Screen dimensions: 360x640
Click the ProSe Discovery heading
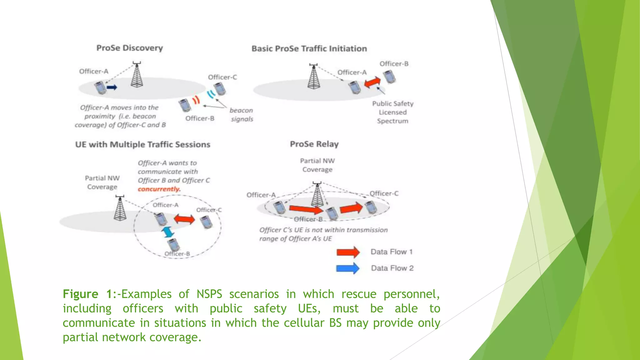[x=129, y=48]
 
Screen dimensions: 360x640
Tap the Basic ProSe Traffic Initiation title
[x=309, y=49]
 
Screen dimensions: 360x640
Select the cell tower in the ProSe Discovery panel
[x=137, y=75]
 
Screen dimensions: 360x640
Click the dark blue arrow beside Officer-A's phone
[x=112, y=87]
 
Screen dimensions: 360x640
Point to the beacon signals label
[x=241, y=115]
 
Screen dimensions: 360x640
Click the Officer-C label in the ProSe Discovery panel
[x=222, y=77]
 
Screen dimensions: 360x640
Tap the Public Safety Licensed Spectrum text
[x=392, y=112]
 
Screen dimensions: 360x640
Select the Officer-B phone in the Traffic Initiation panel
[x=389, y=77]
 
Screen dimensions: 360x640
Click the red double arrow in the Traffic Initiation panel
[x=372, y=83]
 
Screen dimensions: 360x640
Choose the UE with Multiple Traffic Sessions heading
[x=142, y=145]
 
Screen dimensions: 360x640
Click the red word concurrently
[x=159, y=189]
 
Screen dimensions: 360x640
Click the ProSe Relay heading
[x=314, y=144]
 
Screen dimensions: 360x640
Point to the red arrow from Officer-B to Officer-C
[x=351, y=208]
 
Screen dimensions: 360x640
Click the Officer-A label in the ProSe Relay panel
[x=261, y=195]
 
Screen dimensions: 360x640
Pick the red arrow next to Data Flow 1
[x=348, y=252]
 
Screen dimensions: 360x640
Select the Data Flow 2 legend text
[x=392, y=268]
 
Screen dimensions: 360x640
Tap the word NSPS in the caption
[x=209, y=294]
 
